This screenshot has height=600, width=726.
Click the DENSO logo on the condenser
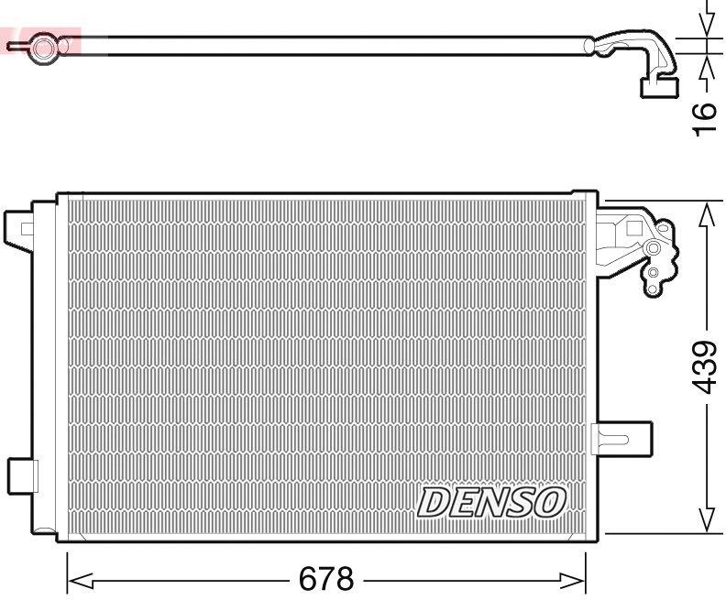[x=491, y=502]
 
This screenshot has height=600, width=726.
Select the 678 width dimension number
[x=326, y=579]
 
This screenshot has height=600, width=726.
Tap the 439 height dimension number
[x=703, y=366]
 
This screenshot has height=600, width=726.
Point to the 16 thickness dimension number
[x=703, y=119]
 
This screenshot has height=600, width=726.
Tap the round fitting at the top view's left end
[x=42, y=47]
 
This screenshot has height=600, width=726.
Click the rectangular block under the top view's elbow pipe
[x=658, y=87]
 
